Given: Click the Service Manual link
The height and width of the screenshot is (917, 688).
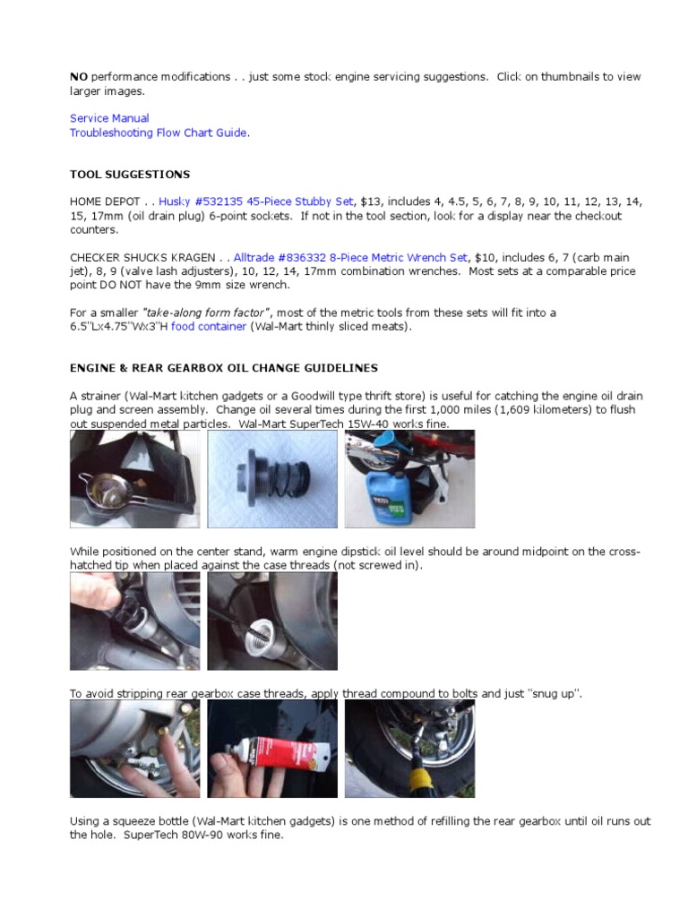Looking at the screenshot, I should tap(109, 118).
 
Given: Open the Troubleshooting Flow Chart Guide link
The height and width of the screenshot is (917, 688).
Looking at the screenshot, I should tap(159, 133).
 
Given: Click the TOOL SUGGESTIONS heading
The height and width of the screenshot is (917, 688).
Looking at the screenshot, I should tap(130, 175).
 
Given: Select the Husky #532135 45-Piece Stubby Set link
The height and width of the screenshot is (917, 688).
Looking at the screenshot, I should tap(256, 201).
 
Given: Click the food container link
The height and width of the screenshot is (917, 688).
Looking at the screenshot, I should tap(209, 327).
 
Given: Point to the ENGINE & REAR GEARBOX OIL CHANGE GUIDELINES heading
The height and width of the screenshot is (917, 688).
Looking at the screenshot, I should tap(224, 368).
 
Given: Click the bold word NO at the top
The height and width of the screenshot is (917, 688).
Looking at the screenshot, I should tap(79, 77).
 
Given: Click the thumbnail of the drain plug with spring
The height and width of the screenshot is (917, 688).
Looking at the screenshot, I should tap(272, 479).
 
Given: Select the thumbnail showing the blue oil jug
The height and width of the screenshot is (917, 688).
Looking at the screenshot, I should tap(409, 479).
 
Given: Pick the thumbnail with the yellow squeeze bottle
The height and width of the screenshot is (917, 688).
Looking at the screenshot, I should tap(409, 749).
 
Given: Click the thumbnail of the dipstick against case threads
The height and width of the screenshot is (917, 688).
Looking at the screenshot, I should tap(272, 621).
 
